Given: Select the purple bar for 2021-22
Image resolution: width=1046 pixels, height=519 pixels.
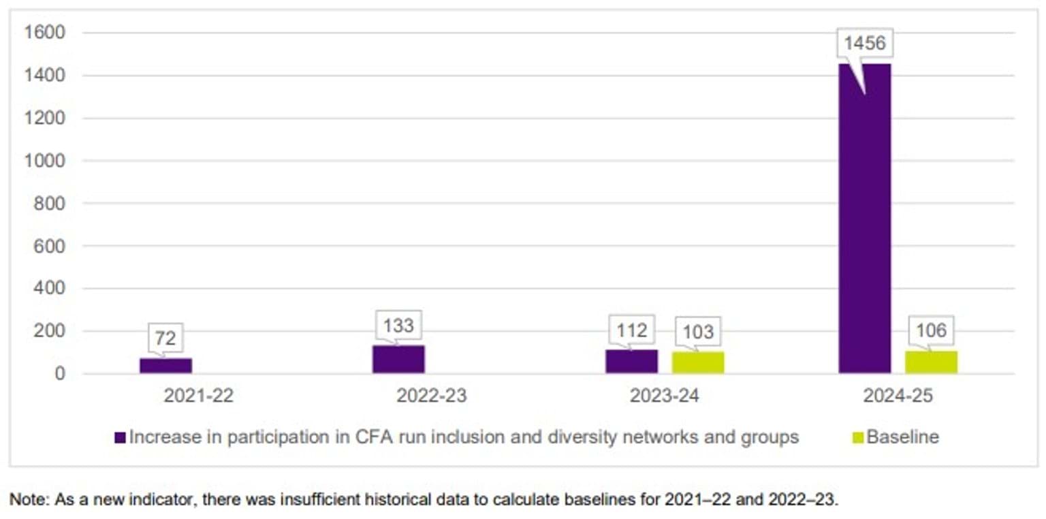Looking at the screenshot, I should tap(165, 366).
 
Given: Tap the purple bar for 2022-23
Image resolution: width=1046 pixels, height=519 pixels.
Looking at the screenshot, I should tap(398, 360).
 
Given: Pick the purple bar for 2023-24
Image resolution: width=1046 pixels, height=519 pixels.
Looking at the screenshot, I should tap(631, 362).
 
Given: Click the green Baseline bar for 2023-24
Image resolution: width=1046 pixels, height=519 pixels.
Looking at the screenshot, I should tap(698, 362).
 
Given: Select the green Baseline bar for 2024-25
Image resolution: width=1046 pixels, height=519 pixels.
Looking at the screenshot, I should tap(931, 362).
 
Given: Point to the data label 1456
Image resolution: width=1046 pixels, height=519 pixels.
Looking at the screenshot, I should tap(865, 44).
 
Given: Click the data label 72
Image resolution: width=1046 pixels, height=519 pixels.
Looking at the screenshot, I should tap(165, 337).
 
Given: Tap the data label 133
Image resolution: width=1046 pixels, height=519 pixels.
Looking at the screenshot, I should tap(398, 325).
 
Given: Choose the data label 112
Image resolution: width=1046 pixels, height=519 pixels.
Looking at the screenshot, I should tap(631, 330).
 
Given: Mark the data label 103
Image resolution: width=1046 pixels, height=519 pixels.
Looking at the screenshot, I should tap(698, 332).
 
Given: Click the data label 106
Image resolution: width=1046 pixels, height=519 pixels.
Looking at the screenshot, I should tap(931, 330).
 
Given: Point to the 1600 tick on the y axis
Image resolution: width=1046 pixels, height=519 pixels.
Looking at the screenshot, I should tap(44, 33).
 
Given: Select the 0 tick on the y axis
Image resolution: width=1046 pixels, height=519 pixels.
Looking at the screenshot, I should tap(60, 374).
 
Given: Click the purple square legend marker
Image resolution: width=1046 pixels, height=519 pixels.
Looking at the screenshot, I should tap(121, 438).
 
